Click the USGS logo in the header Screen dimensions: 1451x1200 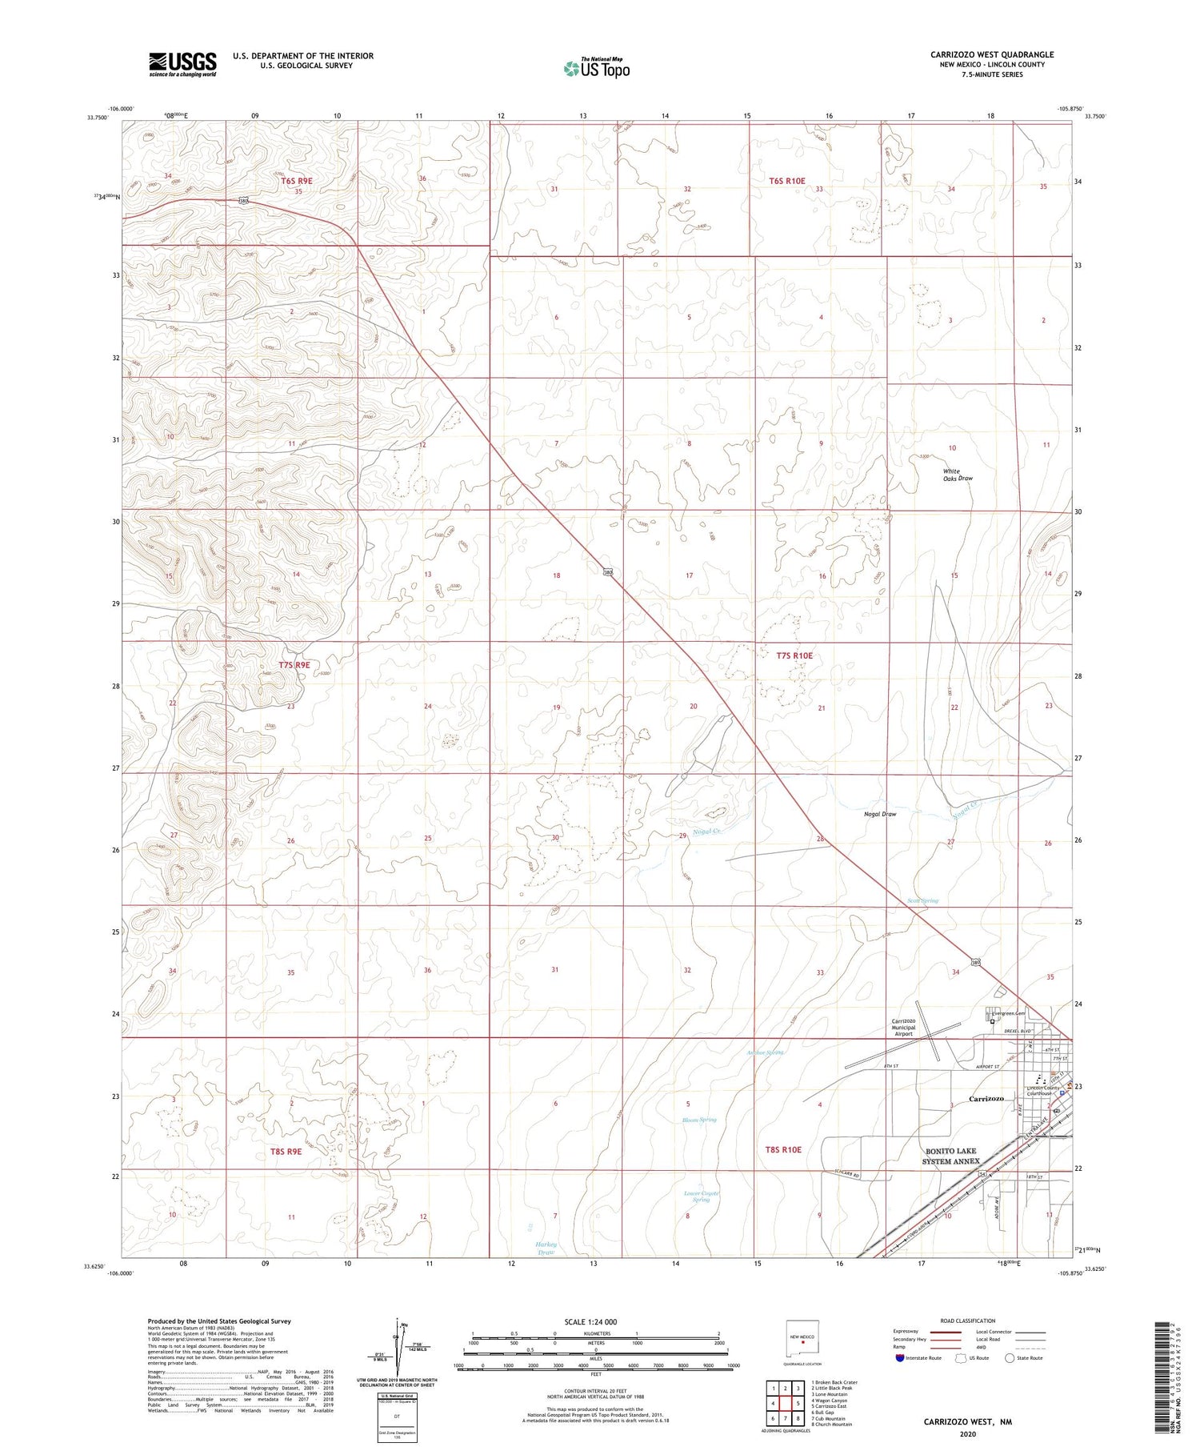pyautogui.click(x=182, y=64)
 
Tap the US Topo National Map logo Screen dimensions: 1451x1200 pyautogui.click(x=596, y=69)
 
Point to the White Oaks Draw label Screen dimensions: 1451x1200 pyautogui.click(x=957, y=475)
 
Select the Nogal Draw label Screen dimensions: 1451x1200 pyautogui.click(x=879, y=814)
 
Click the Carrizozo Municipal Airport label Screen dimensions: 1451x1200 pyautogui.click(x=903, y=1027)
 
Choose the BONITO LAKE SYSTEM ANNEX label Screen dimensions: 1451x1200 pyautogui.click(x=950, y=1156)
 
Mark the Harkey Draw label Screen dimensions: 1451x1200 pyautogui.click(x=547, y=1248)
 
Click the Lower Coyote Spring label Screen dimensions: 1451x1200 pyautogui.click(x=701, y=1196)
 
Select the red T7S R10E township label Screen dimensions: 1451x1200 pyautogui.click(x=794, y=655)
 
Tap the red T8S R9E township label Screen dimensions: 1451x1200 pyautogui.click(x=286, y=1151)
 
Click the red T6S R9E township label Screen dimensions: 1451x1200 pyautogui.click(x=296, y=181)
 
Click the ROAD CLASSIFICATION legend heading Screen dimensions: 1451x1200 pyautogui.click(x=967, y=1321)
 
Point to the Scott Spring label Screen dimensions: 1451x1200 pyautogui.click(x=922, y=900)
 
